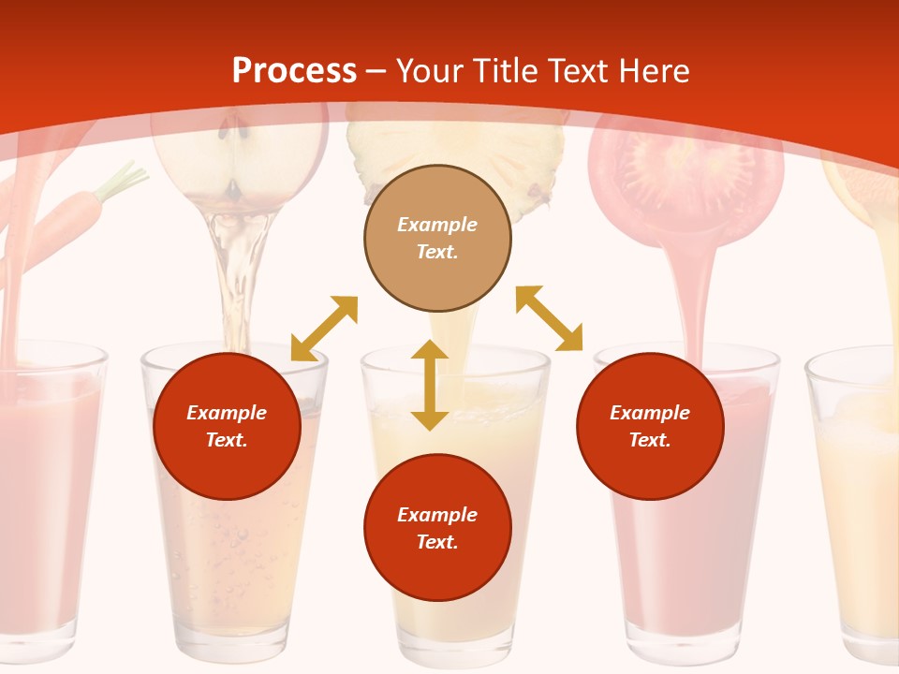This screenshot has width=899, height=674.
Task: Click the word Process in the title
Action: pyautogui.click(x=294, y=71)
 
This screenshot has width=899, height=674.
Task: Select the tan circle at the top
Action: pyautogui.click(x=437, y=239)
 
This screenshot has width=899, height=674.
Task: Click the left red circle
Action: pyautogui.click(x=227, y=426)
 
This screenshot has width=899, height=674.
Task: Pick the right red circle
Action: pyautogui.click(x=650, y=426)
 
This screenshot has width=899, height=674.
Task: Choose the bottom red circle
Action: pyautogui.click(x=437, y=528)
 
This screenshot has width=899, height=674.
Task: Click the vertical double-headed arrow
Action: pyautogui.click(x=430, y=385)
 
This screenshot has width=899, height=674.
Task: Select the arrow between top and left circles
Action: pyautogui.click(x=324, y=328)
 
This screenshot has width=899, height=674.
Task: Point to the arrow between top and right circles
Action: pyautogui.click(x=550, y=318)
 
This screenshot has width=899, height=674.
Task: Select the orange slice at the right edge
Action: pyautogui.click(x=866, y=187)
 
